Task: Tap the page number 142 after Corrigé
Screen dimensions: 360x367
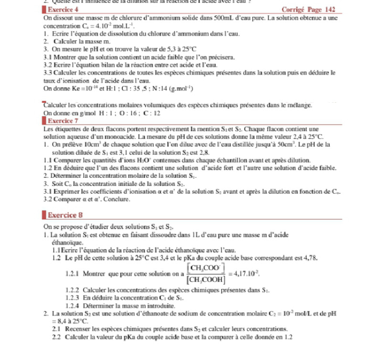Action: click(x=329, y=10)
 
